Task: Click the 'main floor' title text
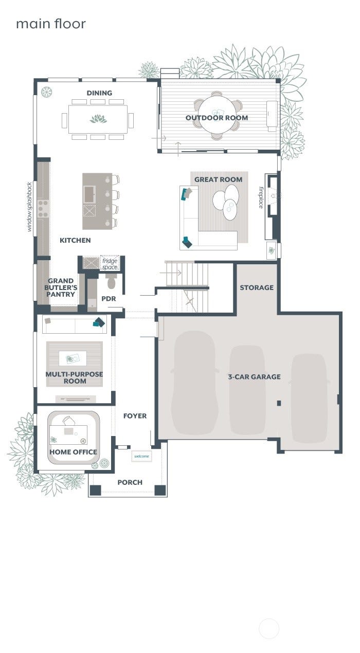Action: pyautogui.click(x=51, y=24)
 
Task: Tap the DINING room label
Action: pyautogui.click(x=99, y=93)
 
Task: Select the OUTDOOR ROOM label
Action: pyautogui.click(x=217, y=118)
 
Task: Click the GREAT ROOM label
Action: pyautogui.click(x=219, y=179)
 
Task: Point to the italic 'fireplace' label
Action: pyautogui.click(x=261, y=197)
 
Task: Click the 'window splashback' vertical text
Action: pyautogui.click(x=29, y=207)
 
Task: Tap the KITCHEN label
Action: pyautogui.click(x=75, y=240)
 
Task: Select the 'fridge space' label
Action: pyautogui.click(x=110, y=264)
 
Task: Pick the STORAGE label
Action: pyautogui.click(x=257, y=288)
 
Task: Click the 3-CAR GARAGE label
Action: pyautogui.click(x=254, y=377)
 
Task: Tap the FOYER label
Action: pyautogui.click(x=135, y=416)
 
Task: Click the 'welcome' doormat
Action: pyautogui.click(x=141, y=456)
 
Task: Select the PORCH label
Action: pyautogui.click(x=130, y=482)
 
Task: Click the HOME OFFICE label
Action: pyautogui.click(x=73, y=452)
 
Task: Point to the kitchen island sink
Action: pyautogui.click(x=89, y=194)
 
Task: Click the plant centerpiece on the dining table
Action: pyautogui.click(x=98, y=119)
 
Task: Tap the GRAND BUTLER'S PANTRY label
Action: pyautogui.click(x=61, y=287)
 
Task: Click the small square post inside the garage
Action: pyautogui.click(x=279, y=403)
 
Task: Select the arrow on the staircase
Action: pyautogui.click(x=171, y=273)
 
